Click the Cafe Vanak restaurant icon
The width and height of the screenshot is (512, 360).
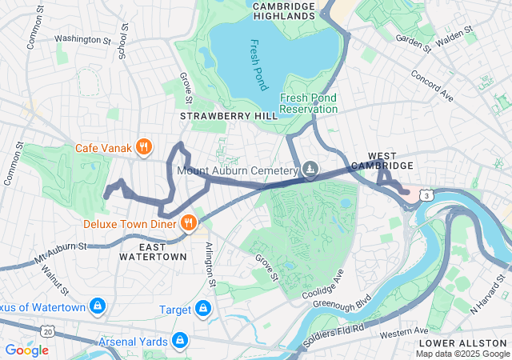(x=144, y=146)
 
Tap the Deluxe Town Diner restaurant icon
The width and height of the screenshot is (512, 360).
(x=189, y=223)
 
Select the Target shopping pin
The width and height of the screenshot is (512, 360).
(x=203, y=309)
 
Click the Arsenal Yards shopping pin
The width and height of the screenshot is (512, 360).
(x=179, y=341)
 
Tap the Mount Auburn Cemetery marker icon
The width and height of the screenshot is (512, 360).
(x=310, y=170)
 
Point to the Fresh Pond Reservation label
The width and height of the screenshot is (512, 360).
(x=308, y=103)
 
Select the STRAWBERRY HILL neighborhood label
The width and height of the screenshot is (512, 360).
(x=229, y=116)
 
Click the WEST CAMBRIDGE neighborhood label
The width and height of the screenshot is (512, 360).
(x=390, y=160)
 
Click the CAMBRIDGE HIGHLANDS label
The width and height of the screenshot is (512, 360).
(x=283, y=10)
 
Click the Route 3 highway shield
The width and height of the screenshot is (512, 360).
(x=430, y=194)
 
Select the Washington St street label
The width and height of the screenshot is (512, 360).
(x=83, y=38)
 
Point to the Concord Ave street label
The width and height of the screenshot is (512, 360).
(x=432, y=86)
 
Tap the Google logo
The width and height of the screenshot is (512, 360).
(x=26, y=350)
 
